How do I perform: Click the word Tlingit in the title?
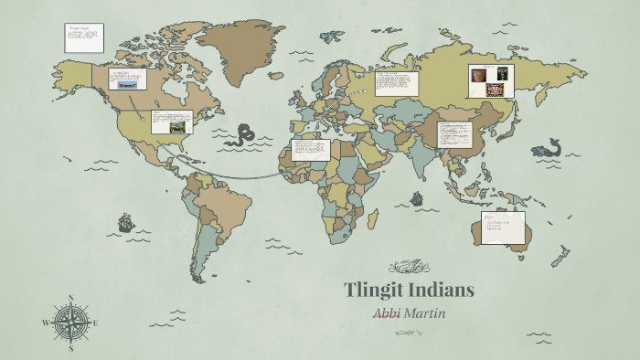coord(375,291)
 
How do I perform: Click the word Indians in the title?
coord(442,291)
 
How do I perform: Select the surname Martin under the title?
coord(426,314)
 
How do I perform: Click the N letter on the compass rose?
coord(70,297)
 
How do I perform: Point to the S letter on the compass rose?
coord(70,348)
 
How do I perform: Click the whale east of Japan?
coord(548,148)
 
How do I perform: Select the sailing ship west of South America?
coord(126,222)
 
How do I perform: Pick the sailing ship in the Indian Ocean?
coord(417,197)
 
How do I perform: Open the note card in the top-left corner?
coord(84,37)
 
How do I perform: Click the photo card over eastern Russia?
coord(491,80)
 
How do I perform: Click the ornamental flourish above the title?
coord(410,267)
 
